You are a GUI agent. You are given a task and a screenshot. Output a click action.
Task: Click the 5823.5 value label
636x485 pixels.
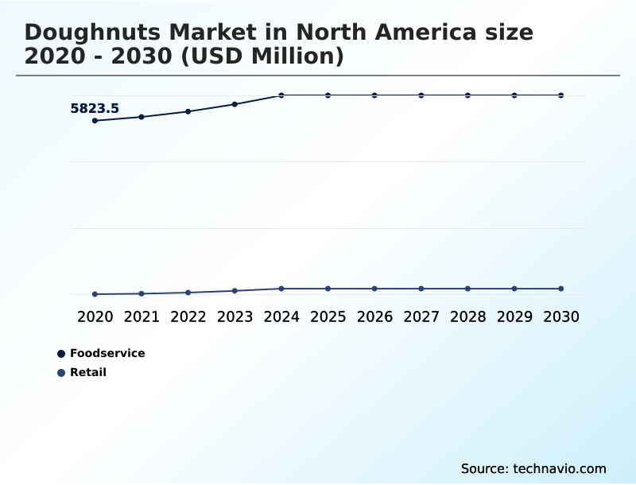tap(95, 109)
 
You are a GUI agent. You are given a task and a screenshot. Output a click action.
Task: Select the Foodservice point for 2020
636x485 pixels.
tap(95, 121)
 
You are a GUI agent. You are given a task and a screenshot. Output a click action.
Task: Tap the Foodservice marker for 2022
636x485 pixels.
tap(188, 111)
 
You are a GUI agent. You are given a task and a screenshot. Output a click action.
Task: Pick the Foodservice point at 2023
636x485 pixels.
tap(235, 104)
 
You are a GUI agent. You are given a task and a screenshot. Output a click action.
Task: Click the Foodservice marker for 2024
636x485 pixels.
tap(281, 95)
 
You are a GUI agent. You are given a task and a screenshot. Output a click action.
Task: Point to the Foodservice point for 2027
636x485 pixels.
tap(421, 95)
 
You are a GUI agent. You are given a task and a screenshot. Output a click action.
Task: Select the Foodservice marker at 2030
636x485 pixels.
tap(561, 95)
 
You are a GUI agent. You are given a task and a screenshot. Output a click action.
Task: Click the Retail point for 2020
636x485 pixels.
tap(95, 294)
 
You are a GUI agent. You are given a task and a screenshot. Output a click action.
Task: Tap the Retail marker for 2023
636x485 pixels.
tap(235, 291)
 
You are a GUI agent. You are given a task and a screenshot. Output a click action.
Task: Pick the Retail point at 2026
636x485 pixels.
tap(374, 289)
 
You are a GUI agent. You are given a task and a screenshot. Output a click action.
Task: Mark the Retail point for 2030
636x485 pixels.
tap(561, 289)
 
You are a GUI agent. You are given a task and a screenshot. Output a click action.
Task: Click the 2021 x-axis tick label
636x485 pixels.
tap(142, 317)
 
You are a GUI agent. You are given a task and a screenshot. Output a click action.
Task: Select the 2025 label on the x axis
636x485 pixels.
tap(328, 317)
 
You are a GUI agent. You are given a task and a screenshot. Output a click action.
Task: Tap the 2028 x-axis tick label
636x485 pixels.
tap(467, 317)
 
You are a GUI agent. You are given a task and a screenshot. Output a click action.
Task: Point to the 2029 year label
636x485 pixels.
tap(514, 317)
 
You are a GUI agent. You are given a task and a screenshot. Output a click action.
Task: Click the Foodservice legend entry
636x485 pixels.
tap(107, 353)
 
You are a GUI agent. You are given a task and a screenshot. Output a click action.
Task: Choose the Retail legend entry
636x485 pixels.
tap(87, 372)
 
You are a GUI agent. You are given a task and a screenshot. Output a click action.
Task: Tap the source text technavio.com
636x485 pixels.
tap(560, 468)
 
